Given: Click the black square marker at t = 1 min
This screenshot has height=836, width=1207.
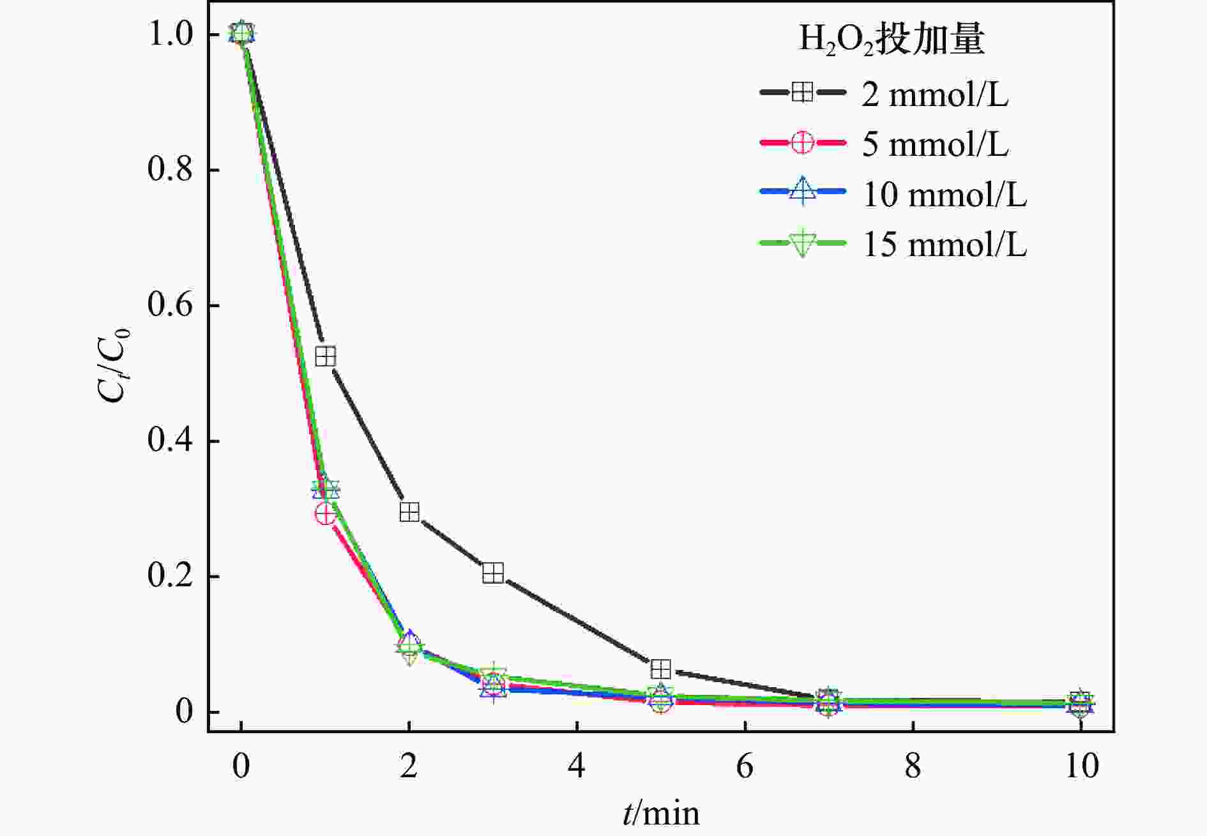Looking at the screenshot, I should point(326,356).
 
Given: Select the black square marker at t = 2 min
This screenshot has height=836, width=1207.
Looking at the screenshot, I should point(409,512).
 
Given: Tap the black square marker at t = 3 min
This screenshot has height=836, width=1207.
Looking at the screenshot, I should point(493,574).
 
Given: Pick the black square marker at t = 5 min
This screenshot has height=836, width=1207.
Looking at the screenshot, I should point(661,669).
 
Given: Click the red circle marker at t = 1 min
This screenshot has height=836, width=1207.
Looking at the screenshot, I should point(326,513).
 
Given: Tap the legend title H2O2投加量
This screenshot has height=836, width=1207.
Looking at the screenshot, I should point(892,40).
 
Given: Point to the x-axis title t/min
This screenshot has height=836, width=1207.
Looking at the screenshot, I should point(661,813).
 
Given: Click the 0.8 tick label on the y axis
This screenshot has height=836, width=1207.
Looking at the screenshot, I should point(170,170).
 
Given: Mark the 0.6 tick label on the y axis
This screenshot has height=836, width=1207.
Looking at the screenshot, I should point(170,305).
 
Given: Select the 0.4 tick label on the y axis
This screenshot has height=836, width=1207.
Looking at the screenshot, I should point(170,441).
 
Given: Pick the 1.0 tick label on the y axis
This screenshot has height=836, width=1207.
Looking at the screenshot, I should point(170,34).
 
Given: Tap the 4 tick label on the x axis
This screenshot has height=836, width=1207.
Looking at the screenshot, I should point(577,766).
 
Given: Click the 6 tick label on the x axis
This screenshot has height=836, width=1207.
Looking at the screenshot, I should point(745,766).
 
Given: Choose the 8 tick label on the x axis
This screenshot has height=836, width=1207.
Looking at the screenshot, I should point(913,766).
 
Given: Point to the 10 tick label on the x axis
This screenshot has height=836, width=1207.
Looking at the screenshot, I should point(1081,766).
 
